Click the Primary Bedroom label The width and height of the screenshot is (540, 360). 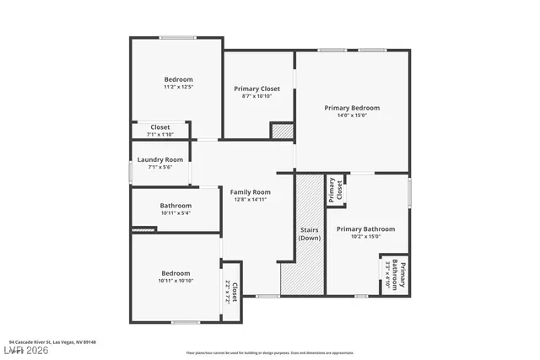352,108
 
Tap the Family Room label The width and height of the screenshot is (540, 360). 251,192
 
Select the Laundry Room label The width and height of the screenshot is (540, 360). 160,159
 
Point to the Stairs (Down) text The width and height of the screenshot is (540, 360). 310,234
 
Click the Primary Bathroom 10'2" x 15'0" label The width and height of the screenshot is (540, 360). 365,232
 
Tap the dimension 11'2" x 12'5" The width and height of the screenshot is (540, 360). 178,87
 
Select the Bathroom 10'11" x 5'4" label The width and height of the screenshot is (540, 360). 175,208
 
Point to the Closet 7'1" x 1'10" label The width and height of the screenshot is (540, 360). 160,131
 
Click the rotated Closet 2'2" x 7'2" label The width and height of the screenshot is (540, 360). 231,293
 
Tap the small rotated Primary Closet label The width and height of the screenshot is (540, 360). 337,189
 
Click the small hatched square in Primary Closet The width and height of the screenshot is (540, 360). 282,131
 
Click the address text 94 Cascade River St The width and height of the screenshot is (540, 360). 53,342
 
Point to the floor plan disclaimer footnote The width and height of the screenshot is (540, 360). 270,353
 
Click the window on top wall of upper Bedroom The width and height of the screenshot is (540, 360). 178,37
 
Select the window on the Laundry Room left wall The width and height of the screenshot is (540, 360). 130,172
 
